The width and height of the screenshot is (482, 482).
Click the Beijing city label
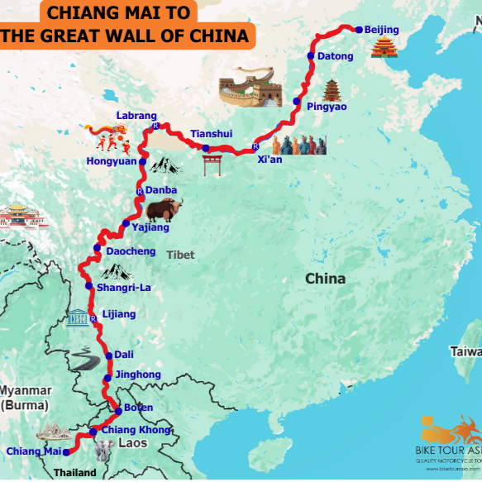(382, 31)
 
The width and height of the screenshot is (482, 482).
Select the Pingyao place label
(327, 107)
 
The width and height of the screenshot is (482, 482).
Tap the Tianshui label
(212, 133)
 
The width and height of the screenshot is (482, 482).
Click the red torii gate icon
(212, 163)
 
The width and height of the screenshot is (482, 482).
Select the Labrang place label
(136, 117)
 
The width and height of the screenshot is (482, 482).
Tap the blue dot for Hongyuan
(142, 163)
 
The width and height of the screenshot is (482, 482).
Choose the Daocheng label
(132, 251)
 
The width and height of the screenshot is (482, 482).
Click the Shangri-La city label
(124, 288)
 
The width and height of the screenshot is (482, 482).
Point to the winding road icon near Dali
(82, 359)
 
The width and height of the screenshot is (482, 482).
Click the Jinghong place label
(139, 375)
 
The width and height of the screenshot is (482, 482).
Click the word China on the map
(325, 279)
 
